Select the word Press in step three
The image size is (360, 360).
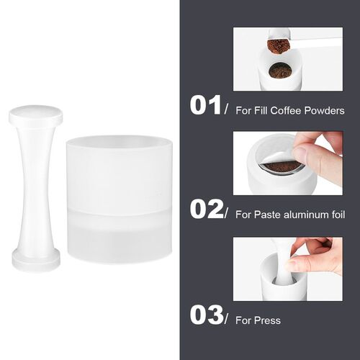[x=267, y=320]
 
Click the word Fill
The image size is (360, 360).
[x=251, y=110]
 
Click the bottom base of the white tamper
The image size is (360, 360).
[x=35, y=261]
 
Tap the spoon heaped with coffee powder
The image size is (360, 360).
[x=279, y=45]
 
